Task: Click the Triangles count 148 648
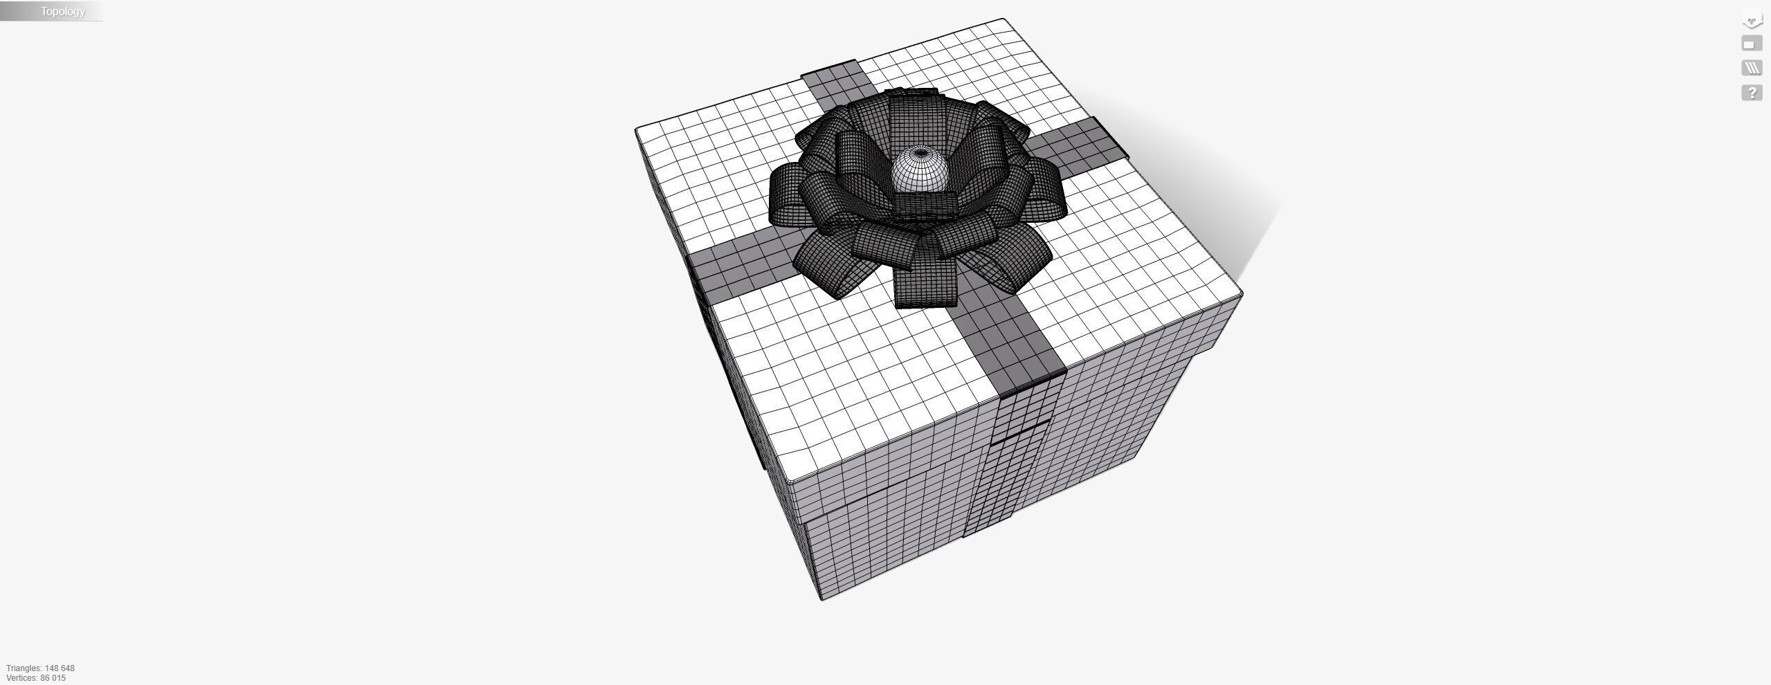tap(41, 668)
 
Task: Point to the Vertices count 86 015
tap(36, 678)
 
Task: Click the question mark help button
tap(1751, 93)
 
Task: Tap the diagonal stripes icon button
tap(1751, 68)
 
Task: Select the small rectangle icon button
tap(1751, 44)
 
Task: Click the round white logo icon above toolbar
tap(1751, 19)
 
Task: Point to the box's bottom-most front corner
tap(821, 599)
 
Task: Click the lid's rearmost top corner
tap(1003, 20)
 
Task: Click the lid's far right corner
tap(1242, 296)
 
